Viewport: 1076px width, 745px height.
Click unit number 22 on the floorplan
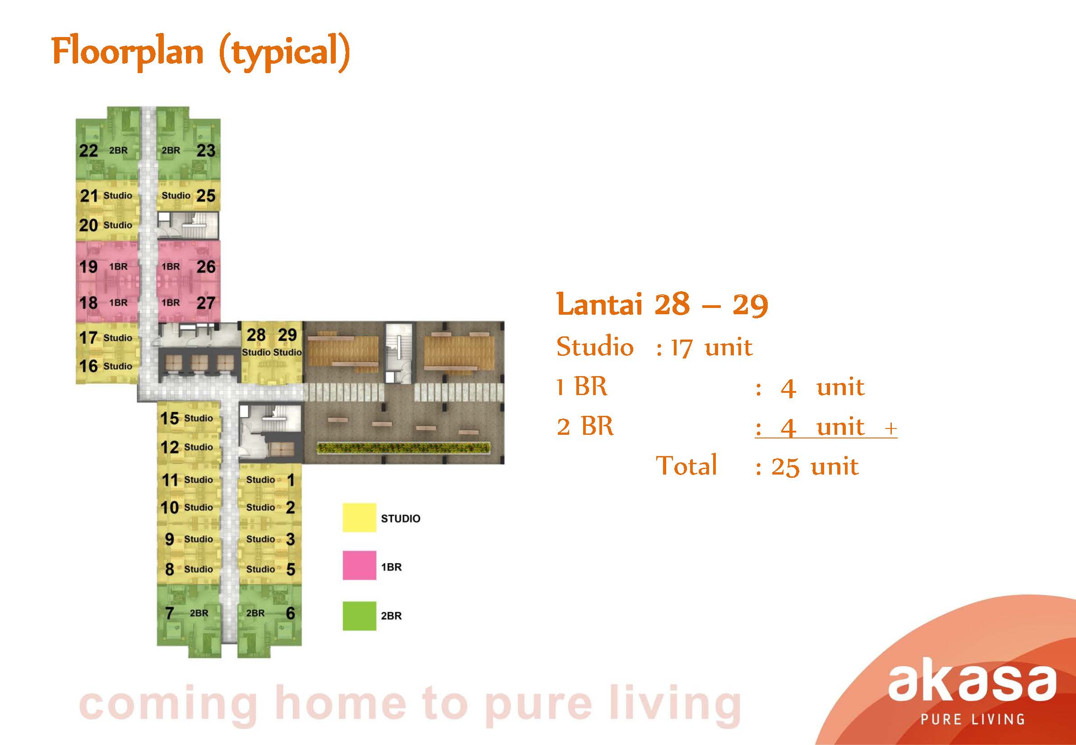(88, 151)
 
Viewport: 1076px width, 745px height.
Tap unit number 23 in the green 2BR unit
(206, 150)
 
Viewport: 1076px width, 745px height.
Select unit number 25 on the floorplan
(206, 195)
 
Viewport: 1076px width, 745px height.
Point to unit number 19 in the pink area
(88, 266)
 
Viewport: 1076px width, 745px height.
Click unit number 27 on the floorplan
(206, 303)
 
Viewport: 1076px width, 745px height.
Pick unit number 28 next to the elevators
(256, 335)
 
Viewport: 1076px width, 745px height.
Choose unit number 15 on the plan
(169, 418)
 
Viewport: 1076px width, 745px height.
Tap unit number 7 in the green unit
(170, 612)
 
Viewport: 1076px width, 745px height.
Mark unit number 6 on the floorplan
(290, 612)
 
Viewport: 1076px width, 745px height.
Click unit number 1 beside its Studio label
(291, 480)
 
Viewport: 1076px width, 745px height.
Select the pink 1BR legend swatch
(359, 566)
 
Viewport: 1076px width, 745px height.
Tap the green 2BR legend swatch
(359, 616)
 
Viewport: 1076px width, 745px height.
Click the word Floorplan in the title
(127, 51)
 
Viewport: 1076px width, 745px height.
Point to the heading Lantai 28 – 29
(663, 304)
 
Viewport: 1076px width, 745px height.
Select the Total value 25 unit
(814, 467)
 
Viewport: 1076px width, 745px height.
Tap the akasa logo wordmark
(972, 682)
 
